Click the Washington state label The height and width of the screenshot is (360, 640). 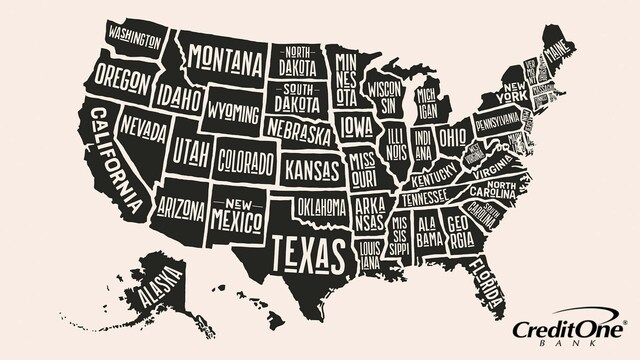pos(134,39)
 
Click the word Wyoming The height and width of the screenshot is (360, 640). pos(235,110)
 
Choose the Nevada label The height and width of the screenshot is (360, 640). pos(145,129)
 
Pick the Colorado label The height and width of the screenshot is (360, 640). pos(246,160)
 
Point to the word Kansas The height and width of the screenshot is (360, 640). pos(313,170)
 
